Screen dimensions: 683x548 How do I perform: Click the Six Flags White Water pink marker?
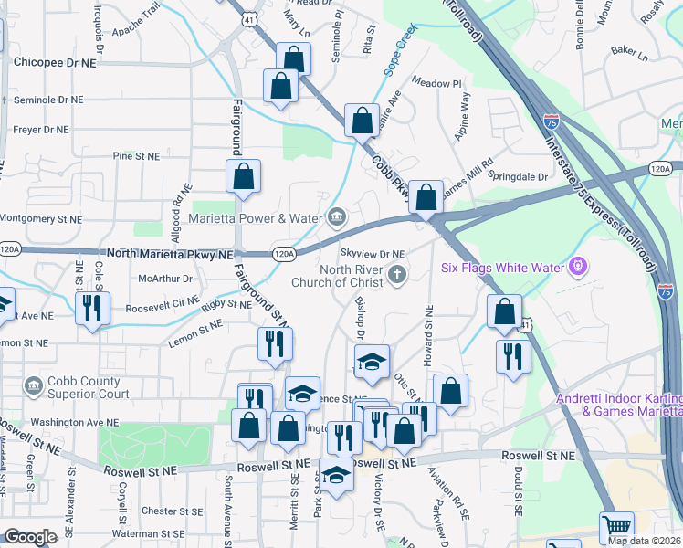[x=576, y=268]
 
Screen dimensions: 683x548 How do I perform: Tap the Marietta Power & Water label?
[x=256, y=218]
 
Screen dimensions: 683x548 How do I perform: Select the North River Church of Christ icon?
[x=397, y=274]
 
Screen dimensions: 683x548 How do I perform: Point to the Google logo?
[x=30, y=537]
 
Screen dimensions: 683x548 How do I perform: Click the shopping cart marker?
[x=616, y=528]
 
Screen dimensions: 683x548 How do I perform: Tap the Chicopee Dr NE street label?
[x=55, y=62]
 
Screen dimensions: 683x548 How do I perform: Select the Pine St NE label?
[x=136, y=157]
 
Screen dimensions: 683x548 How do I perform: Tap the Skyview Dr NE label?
[x=372, y=254]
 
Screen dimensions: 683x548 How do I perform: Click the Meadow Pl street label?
[x=436, y=83]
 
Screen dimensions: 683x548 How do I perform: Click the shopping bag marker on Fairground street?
[x=244, y=177]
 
